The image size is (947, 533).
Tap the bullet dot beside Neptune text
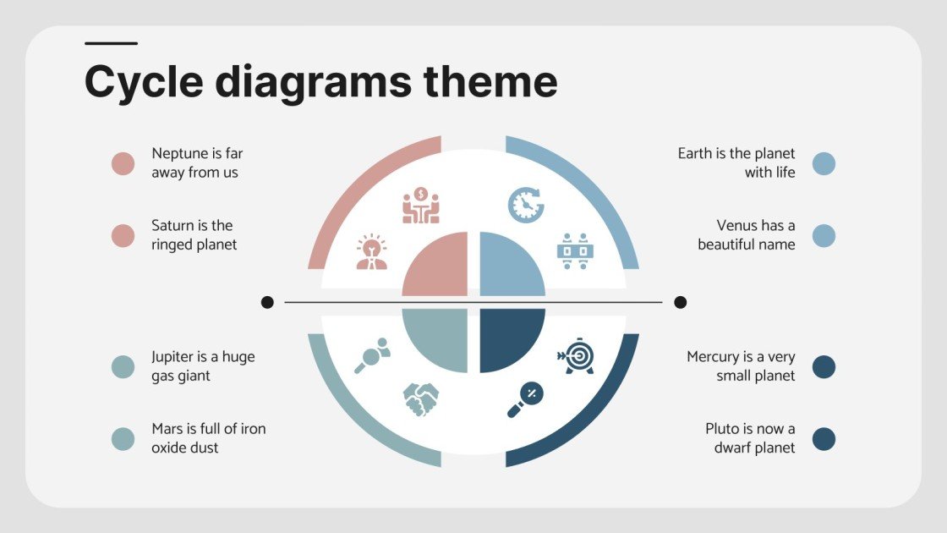(123, 163)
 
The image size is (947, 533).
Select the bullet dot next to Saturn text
(123, 235)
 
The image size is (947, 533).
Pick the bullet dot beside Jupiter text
(123, 366)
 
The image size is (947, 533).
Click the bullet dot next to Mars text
(123, 438)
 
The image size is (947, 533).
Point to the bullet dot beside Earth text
(824, 163)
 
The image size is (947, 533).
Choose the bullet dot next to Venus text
(824, 235)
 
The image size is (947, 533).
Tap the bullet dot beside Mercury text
(824, 366)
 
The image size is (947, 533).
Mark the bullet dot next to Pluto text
(824, 438)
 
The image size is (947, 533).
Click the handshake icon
(420, 398)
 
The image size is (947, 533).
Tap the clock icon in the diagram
(525, 205)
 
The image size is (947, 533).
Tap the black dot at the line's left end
(267, 302)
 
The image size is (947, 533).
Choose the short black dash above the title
(111, 43)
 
